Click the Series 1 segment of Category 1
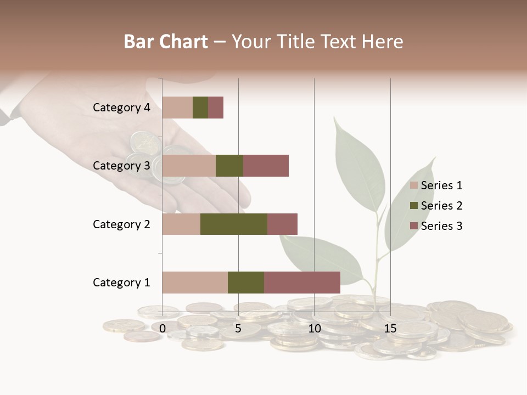click(195, 282)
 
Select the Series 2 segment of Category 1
click(246, 282)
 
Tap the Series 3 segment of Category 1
click(302, 282)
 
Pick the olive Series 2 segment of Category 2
click(234, 224)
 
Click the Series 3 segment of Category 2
click(282, 224)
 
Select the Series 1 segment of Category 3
click(189, 166)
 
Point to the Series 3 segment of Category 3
click(266, 166)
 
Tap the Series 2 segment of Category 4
click(200, 108)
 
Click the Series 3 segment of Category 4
click(216, 108)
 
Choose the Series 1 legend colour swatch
click(414, 185)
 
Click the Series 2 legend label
click(441, 206)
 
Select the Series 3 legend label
click(441, 226)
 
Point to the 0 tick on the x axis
click(162, 329)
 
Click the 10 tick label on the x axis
click(314, 329)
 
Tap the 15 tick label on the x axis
click(390, 329)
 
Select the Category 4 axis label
click(121, 108)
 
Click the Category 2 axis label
click(121, 224)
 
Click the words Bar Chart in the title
click(166, 41)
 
